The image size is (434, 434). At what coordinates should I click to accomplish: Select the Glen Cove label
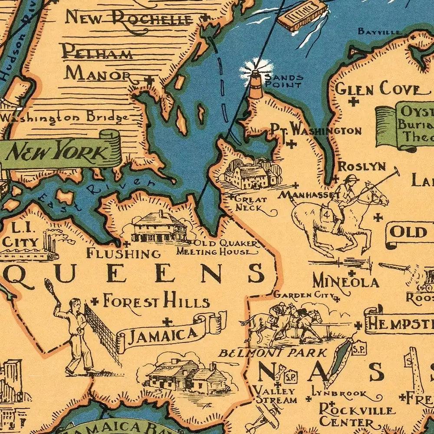pyautogui.click(x=378, y=89)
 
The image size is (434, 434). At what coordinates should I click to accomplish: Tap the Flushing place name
pyautogui.click(x=123, y=253)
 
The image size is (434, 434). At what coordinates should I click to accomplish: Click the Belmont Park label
pyautogui.click(x=273, y=352)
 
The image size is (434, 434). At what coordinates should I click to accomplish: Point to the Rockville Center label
pyautogui.click(x=357, y=415)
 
